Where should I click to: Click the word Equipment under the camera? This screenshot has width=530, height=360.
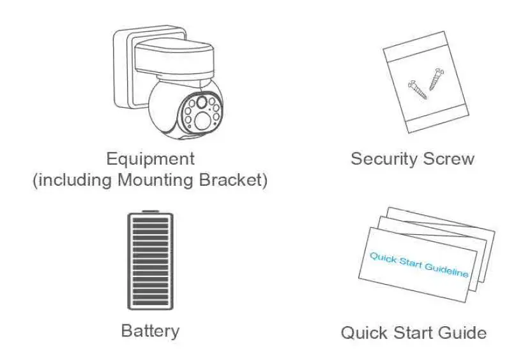[x=151, y=158]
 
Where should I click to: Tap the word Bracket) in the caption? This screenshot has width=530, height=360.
[x=239, y=180]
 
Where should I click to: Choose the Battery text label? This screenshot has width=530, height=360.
[x=150, y=331]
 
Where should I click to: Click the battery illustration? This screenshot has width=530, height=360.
[x=150, y=261]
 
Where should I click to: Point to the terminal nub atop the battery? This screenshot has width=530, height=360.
[x=150, y=211]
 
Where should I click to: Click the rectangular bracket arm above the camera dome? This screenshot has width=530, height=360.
[x=172, y=61]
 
